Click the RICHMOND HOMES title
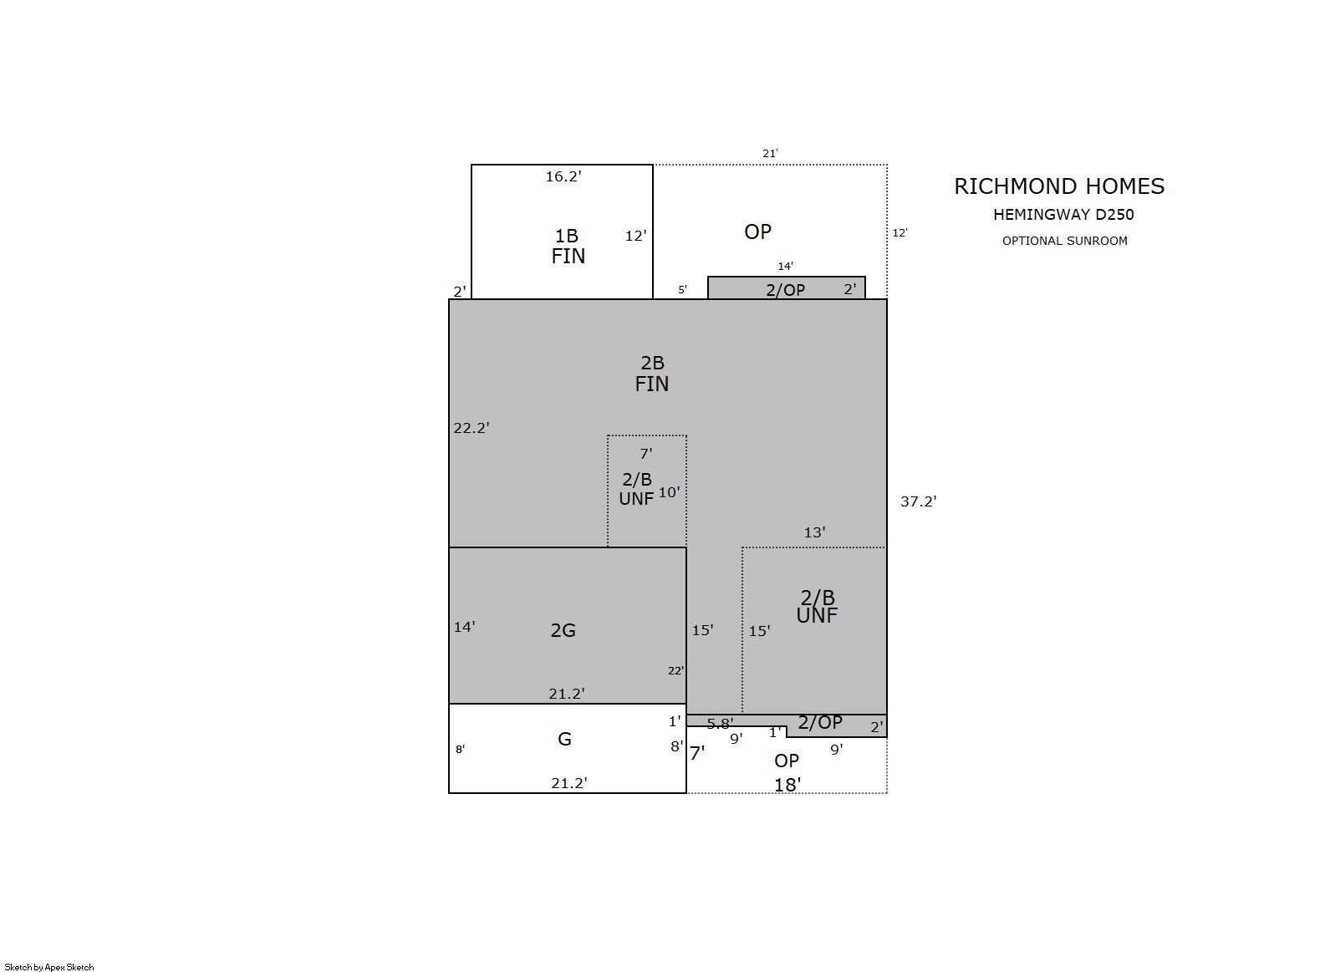(1059, 186)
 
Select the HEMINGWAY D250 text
(1063, 215)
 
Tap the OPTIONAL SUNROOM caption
(1065, 241)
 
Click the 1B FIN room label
(568, 246)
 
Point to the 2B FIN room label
(652, 374)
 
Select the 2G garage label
(563, 631)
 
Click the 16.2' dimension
(563, 176)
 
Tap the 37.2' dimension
(918, 501)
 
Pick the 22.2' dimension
(471, 427)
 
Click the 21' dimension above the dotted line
(770, 153)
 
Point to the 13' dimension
(814, 532)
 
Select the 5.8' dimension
(720, 724)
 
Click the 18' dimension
(787, 785)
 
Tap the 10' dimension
(669, 492)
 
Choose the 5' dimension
(682, 290)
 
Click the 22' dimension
(675, 670)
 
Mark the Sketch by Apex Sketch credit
(49, 967)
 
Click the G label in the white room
(564, 739)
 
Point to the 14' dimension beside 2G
(464, 627)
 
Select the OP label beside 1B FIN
(757, 232)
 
